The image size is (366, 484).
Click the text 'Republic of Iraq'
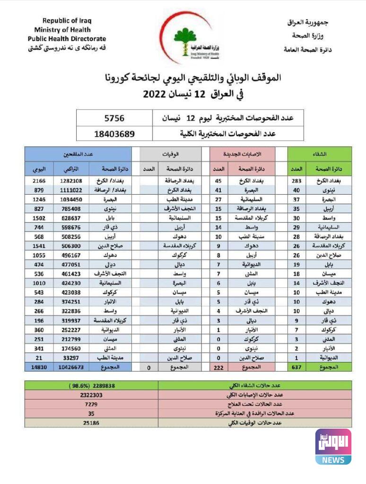coord(67,20)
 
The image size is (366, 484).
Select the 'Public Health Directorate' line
coord(67,39)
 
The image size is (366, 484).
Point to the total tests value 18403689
coord(114,134)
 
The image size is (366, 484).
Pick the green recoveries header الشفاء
coord(320,154)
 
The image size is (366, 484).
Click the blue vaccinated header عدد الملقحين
coord(78,154)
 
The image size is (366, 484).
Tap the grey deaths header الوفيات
coord(168,154)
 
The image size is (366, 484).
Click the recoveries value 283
coord(296,181)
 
